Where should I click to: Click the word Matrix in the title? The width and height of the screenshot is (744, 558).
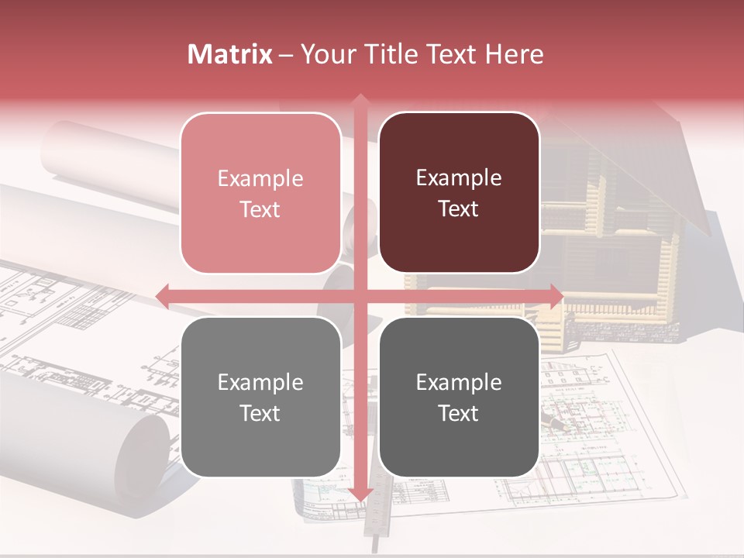pyautogui.click(x=229, y=54)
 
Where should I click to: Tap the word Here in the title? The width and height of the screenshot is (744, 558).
pyautogui.click(x=515, y=54)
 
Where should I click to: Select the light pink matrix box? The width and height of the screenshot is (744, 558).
pyautogui.click(x=260, y=193)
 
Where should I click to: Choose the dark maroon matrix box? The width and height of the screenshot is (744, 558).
pyautogui.click(x=459, y=193)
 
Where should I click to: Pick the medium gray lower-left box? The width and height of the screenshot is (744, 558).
pyautogui.click(x=260, y=397)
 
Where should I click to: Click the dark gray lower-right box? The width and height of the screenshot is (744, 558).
pyautogui.click(x=459, y=397)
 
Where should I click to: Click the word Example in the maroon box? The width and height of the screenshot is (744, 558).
pyautogui.click(x=459, y=177)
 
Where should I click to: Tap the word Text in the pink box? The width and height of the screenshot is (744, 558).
pyautogui.click(x=260, y=209)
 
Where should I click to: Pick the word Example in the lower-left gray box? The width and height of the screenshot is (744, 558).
pyautogui.click(x=260, y=382)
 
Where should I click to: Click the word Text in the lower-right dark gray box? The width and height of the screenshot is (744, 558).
pyautogui.click(x=459, y=413)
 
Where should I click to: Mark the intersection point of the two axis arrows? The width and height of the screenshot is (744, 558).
pyautogui.click(x=360, y=295)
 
